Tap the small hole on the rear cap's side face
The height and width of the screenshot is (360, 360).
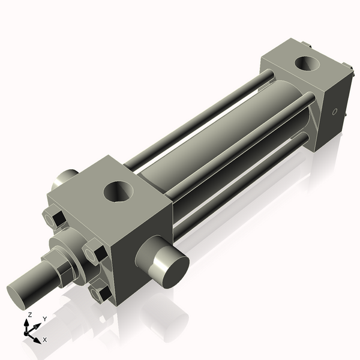coord(335,112)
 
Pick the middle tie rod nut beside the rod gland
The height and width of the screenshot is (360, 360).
coord(95,251)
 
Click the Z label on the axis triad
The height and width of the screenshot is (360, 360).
coord(29,314)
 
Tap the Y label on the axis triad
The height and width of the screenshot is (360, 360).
coord(44,319)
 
